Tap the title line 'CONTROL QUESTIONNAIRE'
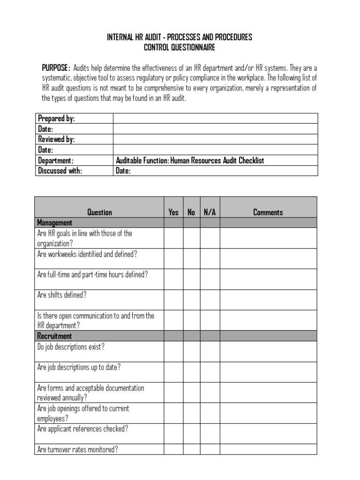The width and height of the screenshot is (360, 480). tap(180, 47)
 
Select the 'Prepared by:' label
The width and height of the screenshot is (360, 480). tap(56, 119)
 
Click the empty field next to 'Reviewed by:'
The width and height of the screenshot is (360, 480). tap(215, 139)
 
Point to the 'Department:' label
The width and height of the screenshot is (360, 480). tap(56, 160)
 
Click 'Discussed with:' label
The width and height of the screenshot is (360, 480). tap(60, 171)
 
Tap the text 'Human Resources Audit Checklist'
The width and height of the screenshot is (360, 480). tap(217, 160)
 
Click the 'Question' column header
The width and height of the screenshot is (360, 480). tap(100, 212)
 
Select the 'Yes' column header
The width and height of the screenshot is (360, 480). tap(173, 212)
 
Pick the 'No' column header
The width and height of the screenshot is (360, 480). tap(191, 212)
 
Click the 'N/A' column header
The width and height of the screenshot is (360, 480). tap(210, 212)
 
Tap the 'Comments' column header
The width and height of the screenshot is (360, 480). tap(268, 212)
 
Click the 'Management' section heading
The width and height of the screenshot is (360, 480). tap(54, 223)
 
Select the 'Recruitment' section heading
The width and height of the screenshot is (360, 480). tap(54, 336)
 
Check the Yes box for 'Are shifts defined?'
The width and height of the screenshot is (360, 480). tap(173, 300)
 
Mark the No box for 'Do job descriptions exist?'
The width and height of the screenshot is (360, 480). tap(191, 351)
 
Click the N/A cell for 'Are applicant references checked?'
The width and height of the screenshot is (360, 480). tap(210, 434)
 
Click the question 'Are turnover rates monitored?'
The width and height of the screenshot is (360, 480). tap(77, 450)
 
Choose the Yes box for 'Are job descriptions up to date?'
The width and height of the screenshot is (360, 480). tap(173, 372)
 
